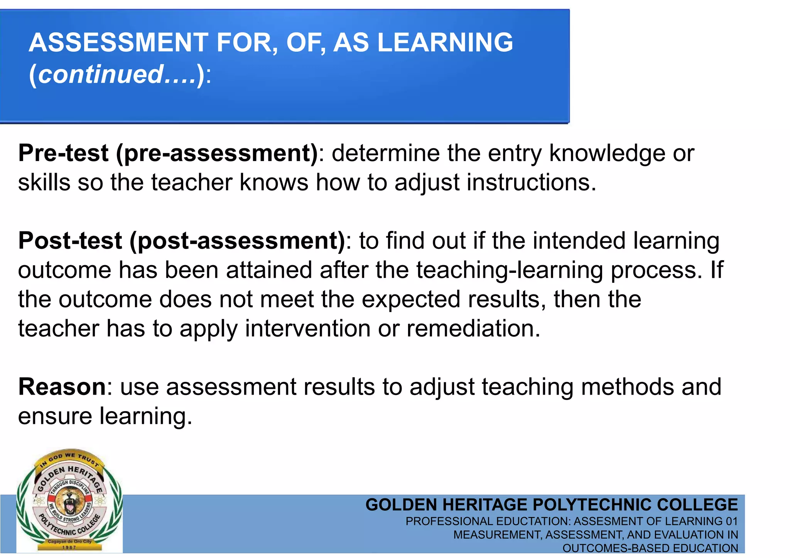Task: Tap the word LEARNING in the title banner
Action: point(445,42)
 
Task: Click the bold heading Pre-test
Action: point(63,153)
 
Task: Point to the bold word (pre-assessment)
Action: point(217,153)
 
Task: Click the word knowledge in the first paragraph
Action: point(607,153)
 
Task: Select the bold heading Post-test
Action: point(70,241)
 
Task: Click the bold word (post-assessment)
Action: point(238,241)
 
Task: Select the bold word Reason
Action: point(62,387)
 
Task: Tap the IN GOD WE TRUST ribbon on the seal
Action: point(70,459)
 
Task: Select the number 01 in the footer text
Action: point(731,521)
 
